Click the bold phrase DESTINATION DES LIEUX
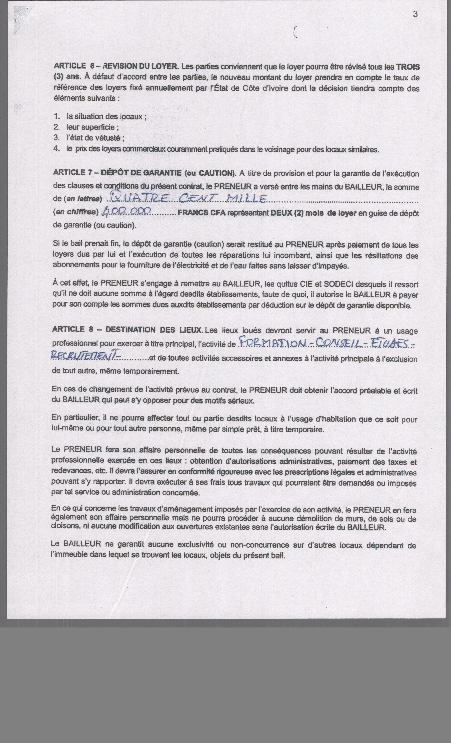(154, 330)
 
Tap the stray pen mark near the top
(295, 32)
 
